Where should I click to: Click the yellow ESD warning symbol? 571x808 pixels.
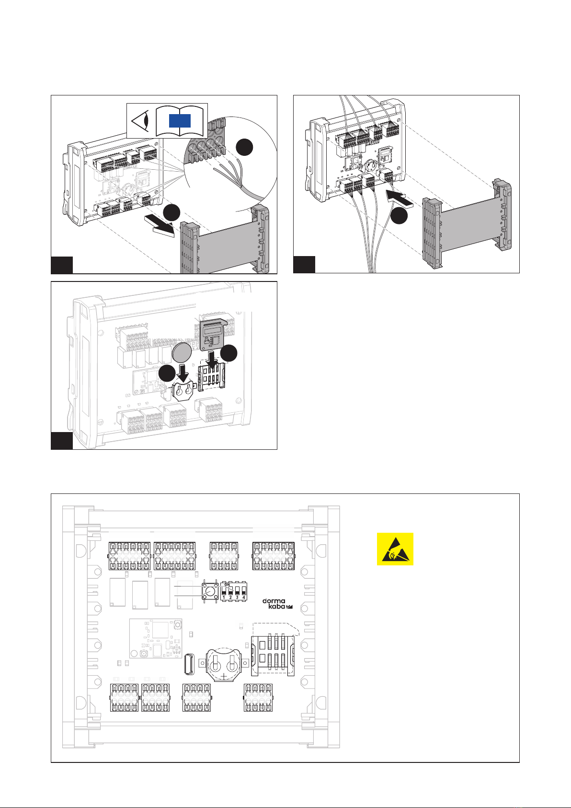(x=395, y=549)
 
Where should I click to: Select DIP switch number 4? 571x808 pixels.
(x=244, y=591)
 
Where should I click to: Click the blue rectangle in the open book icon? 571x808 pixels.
(x=180, y=120)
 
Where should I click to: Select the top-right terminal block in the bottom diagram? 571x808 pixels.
(x=274, y=556)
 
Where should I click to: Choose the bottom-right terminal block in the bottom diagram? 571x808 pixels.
(x=258, y=697)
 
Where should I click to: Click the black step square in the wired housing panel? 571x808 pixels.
(x=304, y=265)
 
